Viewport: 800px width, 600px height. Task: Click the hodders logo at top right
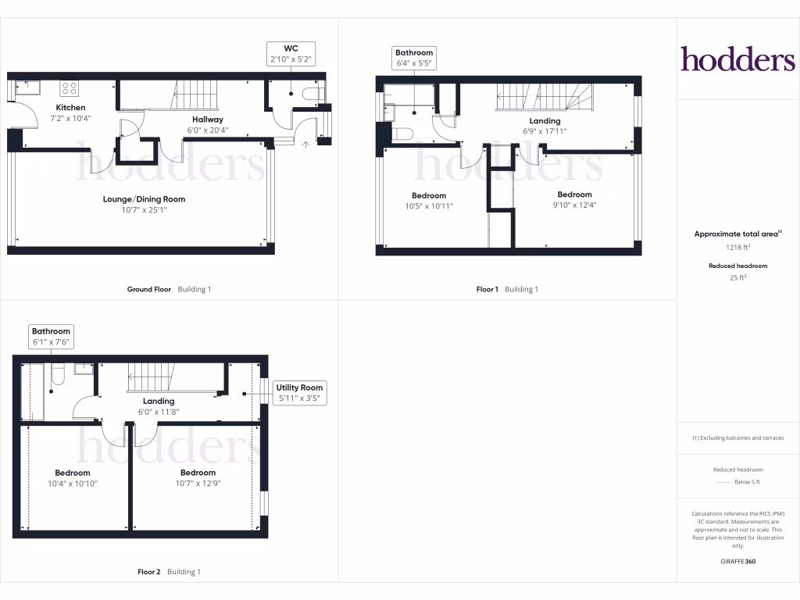pyautogui.click(x=737, y=59)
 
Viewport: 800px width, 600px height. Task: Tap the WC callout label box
pyautogui.click(x=291, y=53)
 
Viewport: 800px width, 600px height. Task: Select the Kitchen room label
pyautogui.click(x=70, y=108)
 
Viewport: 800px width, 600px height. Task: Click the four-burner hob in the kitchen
pyautogui.click(x=69, y=88)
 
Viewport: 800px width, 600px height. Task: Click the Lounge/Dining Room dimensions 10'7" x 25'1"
pyautogui.click(x=144, y=210)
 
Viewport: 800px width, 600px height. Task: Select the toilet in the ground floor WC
pyautogui.click(x=315, y=95)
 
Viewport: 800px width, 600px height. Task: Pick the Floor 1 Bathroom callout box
pyautogui.click(x=413, y=58)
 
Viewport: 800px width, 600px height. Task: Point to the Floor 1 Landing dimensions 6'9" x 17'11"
pyautogui.click(x=545, y=131)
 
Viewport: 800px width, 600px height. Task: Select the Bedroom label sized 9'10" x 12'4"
pyautogui.click(x=574, y=195)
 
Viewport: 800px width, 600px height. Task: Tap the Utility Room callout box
pyautogui.click(x=299, y=393)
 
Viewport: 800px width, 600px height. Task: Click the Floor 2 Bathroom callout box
pyautogui.click(x=51, y=336)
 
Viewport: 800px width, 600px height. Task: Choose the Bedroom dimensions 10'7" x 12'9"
pyautogui.click(x=198, y=484)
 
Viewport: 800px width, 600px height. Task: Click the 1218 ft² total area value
pyautogui.click(x=738, y=247)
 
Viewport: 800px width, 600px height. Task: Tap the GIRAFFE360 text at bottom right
pyautogui.click(x=738, y=561)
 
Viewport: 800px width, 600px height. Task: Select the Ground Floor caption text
pyautogui.click(x=149, y=289)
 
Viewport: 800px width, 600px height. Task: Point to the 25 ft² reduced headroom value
pyautogui.click(x=738, y=277)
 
